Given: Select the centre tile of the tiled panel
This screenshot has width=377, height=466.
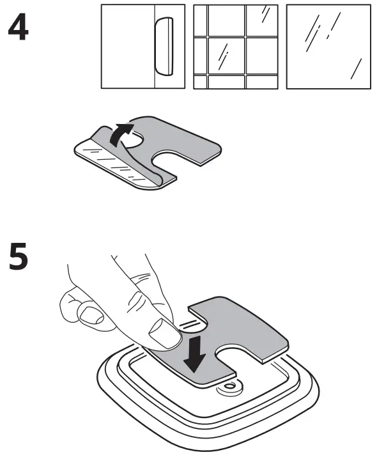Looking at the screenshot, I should pyautogui.click(x=226, y=56).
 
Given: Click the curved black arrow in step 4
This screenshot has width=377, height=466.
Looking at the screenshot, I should pyautogui.click(x=121, y=136).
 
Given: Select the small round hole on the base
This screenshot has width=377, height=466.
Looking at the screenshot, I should pyautogui.click(x=227, y=387).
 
